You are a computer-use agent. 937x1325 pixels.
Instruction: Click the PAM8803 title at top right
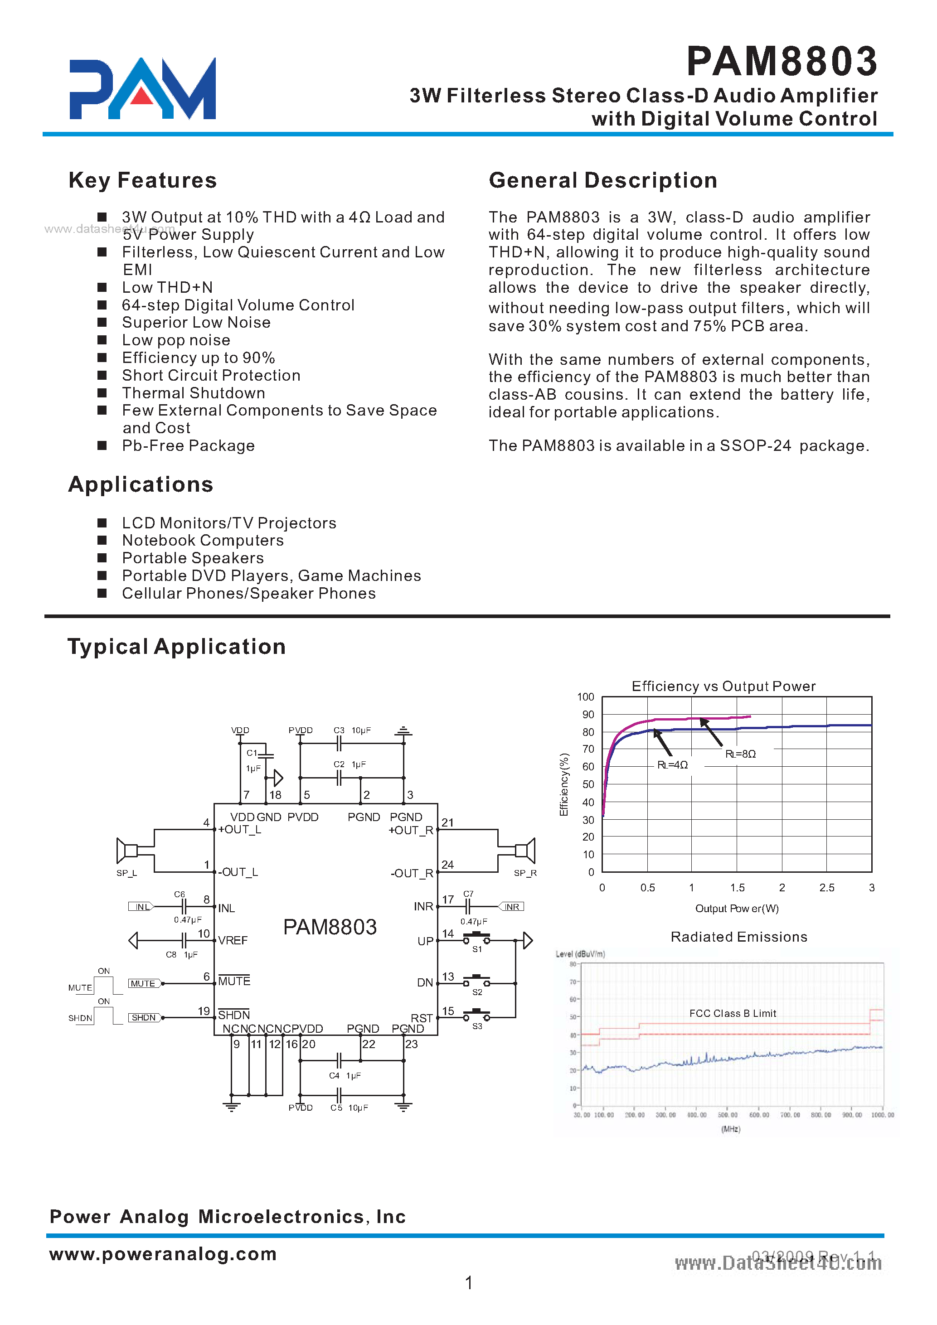(782, 62)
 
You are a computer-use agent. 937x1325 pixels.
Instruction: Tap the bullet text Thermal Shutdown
(194, 393)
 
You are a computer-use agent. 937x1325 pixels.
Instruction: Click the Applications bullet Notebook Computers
(203, 540)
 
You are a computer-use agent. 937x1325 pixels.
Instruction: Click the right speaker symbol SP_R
(525, 851)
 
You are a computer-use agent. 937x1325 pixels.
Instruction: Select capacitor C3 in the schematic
(340, 743)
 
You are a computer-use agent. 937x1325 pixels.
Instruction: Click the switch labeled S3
(476, 1016)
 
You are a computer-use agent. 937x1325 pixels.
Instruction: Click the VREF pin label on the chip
(233, 941)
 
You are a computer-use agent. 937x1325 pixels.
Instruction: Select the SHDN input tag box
(144, 1017)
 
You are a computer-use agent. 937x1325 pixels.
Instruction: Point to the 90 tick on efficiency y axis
(587, 715)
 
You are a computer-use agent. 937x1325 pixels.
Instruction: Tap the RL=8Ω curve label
(740, 754)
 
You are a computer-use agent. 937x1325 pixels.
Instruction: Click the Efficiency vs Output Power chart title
(723, 686)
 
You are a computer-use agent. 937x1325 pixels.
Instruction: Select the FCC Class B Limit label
(732, 1013)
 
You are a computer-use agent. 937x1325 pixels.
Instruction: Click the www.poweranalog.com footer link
(163, 1253)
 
